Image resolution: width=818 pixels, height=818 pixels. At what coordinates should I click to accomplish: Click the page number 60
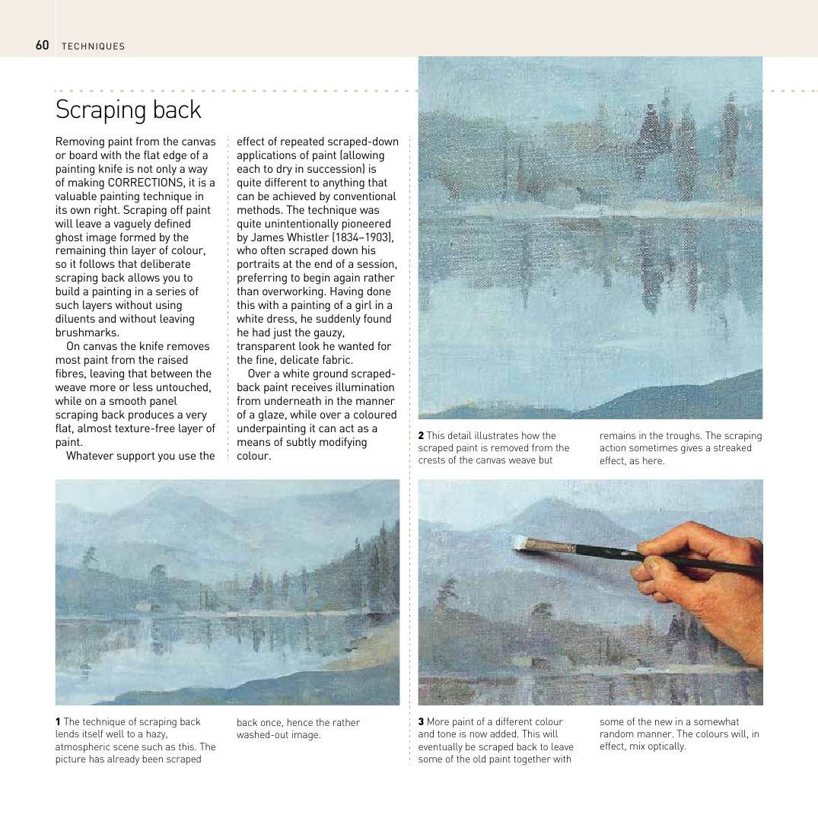(x=42, y=46)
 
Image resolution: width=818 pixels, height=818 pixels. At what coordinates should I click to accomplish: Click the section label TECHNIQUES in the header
(x=93, y=46)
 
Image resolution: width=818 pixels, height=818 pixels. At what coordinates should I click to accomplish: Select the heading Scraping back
(x=128, y=110)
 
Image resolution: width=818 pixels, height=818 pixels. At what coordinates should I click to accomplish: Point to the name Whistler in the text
(x=311, y=237)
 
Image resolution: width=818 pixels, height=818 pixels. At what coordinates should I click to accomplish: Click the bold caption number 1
(x=58, y=722)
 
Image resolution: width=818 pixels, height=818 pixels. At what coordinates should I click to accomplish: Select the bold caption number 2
(x=421, y=436)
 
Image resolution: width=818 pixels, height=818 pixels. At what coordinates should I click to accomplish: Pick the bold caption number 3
(x=421, y=722)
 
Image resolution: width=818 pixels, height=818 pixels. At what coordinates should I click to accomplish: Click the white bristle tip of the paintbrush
(x=520, y=542)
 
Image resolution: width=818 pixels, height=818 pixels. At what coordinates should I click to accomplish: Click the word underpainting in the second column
(x=272, y=428)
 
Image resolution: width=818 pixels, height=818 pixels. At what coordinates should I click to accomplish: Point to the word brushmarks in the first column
(x=87, y=333)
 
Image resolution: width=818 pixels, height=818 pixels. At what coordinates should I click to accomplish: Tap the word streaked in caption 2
(x=730, y=448)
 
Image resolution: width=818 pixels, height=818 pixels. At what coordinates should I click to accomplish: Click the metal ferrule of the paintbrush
(x=550, y=546)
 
